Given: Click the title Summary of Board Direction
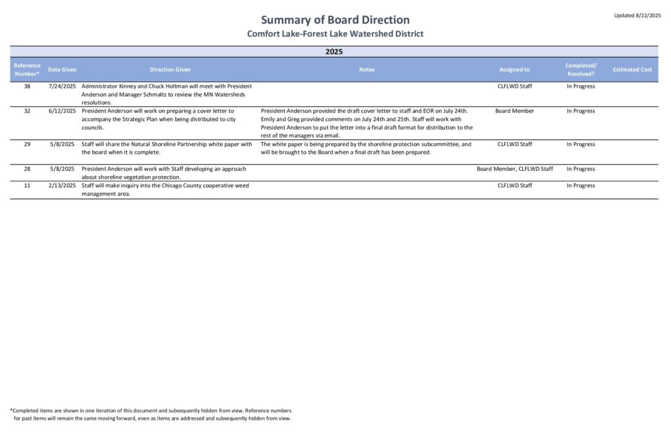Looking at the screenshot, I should pos(335,20).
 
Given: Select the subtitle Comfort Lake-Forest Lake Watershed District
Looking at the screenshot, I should pos(335,34).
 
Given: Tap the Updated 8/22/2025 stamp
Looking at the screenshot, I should pos(637,15).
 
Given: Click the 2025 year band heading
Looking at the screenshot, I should pos(334,51).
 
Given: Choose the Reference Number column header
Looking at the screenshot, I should pos(27,69).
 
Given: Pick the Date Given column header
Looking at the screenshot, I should pos(62,69).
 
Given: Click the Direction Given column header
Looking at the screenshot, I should pos(170,69).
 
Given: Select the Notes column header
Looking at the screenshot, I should pos(367,69).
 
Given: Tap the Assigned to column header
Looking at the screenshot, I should pos(514,69).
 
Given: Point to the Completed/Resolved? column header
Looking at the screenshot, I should pos(581,69).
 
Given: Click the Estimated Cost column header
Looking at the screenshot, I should pos(632,69).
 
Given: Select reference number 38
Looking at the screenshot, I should pos(27,86).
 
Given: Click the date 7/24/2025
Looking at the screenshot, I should pos(62,86).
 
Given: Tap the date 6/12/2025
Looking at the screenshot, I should pos(62,111).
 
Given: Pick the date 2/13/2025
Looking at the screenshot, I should pos(62,186).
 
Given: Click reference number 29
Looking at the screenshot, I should pos(27,144).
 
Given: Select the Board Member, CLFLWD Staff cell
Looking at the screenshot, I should pos(514,169).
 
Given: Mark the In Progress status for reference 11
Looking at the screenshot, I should pos(581,186).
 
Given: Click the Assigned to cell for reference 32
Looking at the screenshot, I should pos(514,111).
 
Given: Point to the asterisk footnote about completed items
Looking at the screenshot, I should pos(151,414).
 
